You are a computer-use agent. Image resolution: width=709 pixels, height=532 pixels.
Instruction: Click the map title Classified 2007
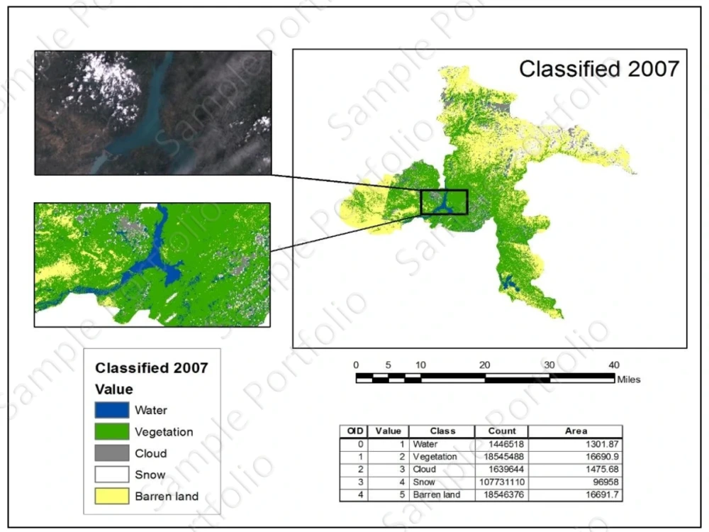tap(599, 69)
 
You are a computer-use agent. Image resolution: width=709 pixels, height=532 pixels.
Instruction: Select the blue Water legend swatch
tap(112, 410)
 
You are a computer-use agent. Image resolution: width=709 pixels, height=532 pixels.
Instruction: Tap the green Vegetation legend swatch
tap(112, 431)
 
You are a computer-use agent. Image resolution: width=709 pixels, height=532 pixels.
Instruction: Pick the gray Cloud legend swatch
tap(112, 453)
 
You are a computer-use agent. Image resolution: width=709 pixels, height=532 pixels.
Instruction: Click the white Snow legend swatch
tap(112, 475)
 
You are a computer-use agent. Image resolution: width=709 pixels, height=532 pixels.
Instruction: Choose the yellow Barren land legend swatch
tap(112, 496)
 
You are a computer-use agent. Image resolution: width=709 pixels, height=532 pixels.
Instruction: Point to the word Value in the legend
tap(114, 389)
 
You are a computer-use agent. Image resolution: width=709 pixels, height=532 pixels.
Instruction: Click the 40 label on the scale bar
tap(614, 365)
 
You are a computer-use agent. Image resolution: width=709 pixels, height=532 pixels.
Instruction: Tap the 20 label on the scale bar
tap(485, 365)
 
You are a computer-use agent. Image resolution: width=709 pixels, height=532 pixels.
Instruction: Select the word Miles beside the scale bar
tap(629, 379)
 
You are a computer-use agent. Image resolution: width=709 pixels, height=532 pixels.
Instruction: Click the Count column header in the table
tap(501, 431)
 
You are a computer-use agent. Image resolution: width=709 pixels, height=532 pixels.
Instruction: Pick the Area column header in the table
tap(575, 431)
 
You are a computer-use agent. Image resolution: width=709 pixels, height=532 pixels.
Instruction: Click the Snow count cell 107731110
tap(501, 482)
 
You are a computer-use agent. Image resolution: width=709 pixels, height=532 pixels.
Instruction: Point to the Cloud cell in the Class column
tap(425, 470)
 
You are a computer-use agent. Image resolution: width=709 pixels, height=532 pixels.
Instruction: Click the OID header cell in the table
tap(355, 431)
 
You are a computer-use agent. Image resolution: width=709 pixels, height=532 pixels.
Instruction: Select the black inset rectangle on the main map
tap(444, 202)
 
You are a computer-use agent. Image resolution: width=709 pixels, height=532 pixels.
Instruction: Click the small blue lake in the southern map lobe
tap(509, 284)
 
